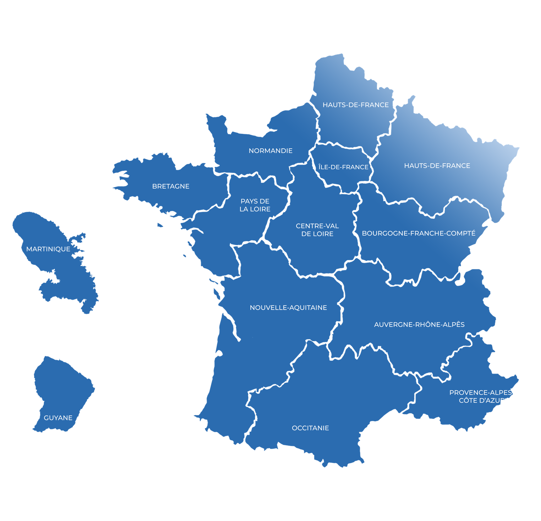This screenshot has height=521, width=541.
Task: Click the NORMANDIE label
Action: point(270,151)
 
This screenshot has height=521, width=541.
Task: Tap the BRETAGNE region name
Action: point(171,186)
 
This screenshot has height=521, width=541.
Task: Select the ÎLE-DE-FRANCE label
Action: point(343,167)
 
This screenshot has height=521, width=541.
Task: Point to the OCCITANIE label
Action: point(310,428)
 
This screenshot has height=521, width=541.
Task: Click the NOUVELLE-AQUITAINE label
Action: point(288,308)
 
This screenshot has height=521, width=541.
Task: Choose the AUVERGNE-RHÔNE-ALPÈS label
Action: point(419,325)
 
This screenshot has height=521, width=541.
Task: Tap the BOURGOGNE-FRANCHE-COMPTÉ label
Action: point(418,233)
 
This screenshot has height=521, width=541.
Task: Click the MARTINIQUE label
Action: point(48,249)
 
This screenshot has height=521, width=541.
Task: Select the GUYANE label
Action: point(58,418)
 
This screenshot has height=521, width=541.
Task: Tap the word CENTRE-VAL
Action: point(317,226)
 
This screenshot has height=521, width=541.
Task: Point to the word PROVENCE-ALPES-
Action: point(481,393)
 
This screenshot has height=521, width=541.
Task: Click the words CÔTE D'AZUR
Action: point(482,401)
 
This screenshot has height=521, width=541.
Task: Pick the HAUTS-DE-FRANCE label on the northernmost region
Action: point(355,105)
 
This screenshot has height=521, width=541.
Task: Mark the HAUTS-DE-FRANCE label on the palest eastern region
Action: point(437,166)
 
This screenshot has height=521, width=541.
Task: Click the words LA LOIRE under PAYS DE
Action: point(255,209)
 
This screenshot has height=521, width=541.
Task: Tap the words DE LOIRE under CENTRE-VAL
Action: point(317,234)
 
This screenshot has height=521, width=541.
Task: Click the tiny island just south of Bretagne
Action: point(160,225)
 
